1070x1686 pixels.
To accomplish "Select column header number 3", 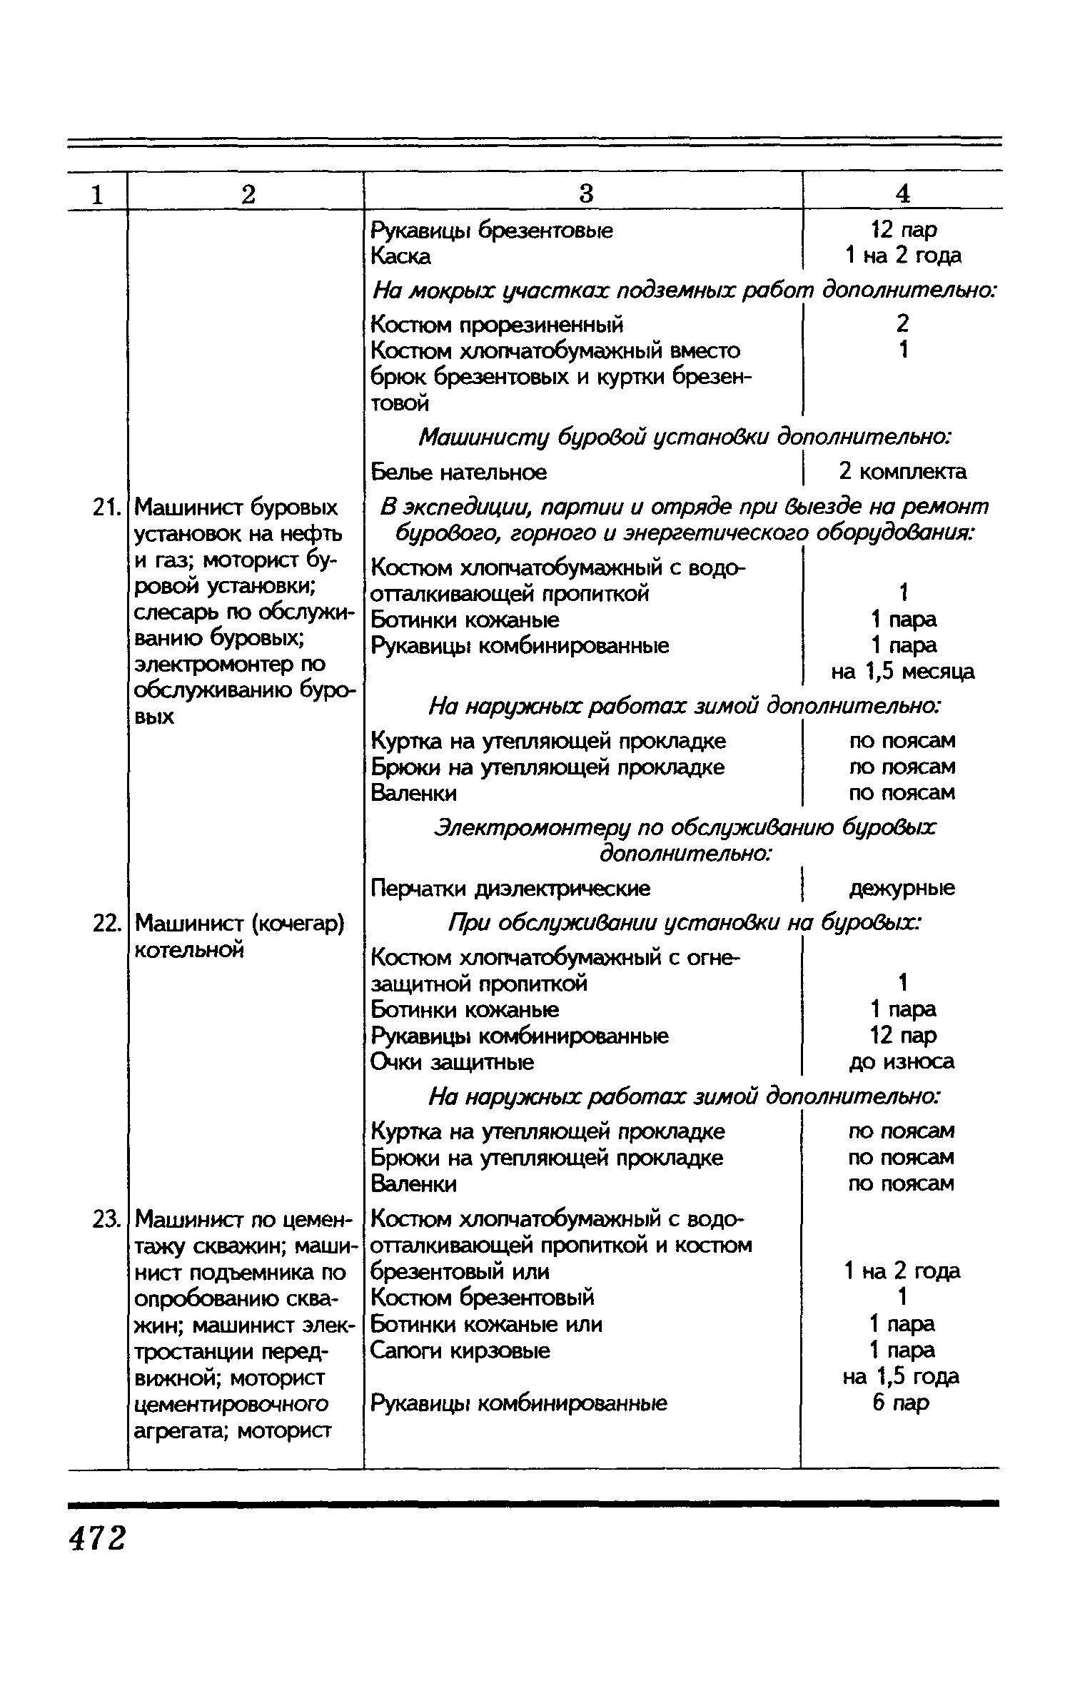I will (585, 193).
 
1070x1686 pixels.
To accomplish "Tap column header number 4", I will (903, 193).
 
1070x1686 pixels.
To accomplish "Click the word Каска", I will (401, 257).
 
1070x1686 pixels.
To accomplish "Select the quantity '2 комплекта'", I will (903, 472).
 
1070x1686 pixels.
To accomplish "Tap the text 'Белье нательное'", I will (459, 473).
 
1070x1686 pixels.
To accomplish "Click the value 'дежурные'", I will (902, 889).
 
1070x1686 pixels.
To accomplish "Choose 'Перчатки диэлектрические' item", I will (511, 889).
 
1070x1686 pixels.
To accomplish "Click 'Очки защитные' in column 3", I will (453, 1063).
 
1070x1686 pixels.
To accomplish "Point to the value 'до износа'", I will (902, 1063).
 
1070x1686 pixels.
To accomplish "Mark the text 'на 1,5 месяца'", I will (902, 672).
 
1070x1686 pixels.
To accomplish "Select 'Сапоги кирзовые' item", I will (461, 1351).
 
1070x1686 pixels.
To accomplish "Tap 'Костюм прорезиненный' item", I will (498, 325).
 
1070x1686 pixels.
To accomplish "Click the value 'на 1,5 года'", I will (901, 1377).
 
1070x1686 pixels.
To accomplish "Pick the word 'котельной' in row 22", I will (190, 950).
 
